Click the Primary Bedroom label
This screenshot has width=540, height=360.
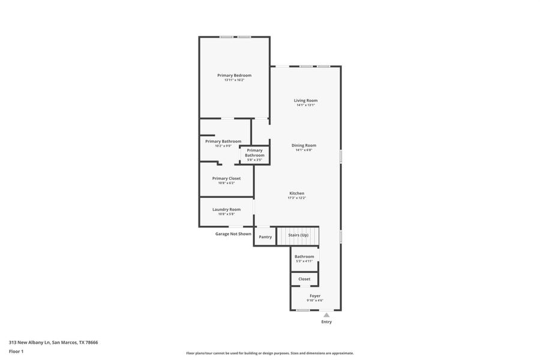tap(234, 75)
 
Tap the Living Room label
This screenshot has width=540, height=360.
tap(305, 100)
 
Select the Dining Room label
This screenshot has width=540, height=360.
tap(304, 145)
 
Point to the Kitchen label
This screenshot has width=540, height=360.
tap(296, 193)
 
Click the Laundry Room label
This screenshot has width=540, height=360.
tap(226, 209)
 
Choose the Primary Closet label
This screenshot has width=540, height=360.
tap(226, 178)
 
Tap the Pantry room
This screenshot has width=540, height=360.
tap(265, 236)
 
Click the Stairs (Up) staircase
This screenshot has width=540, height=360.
tap(298, 235)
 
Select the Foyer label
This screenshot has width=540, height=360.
tap(315, 296)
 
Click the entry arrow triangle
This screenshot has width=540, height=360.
tap(326, 314)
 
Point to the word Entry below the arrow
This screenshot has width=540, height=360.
tap(326, 322)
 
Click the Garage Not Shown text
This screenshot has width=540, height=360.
tap(233, 234)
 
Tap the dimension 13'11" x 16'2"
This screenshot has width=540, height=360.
tap(234, 80)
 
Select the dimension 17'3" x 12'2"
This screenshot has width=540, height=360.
tap(296, 198)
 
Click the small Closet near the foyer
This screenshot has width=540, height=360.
tap(304, 279)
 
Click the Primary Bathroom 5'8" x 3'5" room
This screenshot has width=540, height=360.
tap(254, 155)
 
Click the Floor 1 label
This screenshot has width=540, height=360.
tap(16, 352)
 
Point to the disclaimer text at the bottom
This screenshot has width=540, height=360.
tap(270, 353)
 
